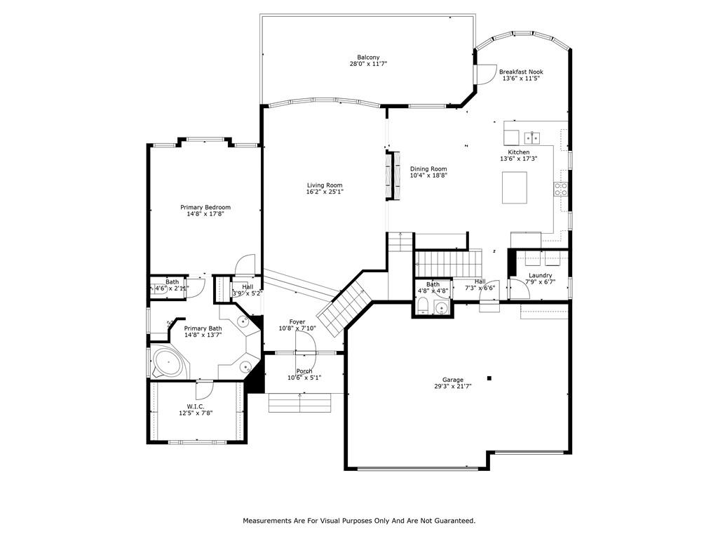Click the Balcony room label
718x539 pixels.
click(x=368, y=58)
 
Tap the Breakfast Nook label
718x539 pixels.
click(x=521, y=72)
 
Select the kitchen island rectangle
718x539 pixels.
click(x=514, y=187)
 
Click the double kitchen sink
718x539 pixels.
click(x=532, y=137)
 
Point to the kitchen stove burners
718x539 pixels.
click(x=561, y=189)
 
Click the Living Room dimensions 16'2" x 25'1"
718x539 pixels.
click(x=325, y=192)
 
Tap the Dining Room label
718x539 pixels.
click(x=428, y=168)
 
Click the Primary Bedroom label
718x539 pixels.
click(x=205, y=207)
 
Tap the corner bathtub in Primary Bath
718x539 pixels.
click(x=168, y=363)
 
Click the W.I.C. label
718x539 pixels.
click(x=196, y=406)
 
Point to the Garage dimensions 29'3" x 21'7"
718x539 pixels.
click(x=453, y=387)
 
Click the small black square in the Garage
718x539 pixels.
click(x=489, y=378)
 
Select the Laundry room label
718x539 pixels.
click(x=541, y=275)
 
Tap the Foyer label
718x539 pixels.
click(x=297, y=321)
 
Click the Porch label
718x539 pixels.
click(x=304, y=371)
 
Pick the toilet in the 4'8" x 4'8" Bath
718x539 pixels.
click(x=423, y=305)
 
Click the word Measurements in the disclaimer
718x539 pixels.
click(x=266, y=521)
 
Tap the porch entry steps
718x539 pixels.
click(x=300, y=402)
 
